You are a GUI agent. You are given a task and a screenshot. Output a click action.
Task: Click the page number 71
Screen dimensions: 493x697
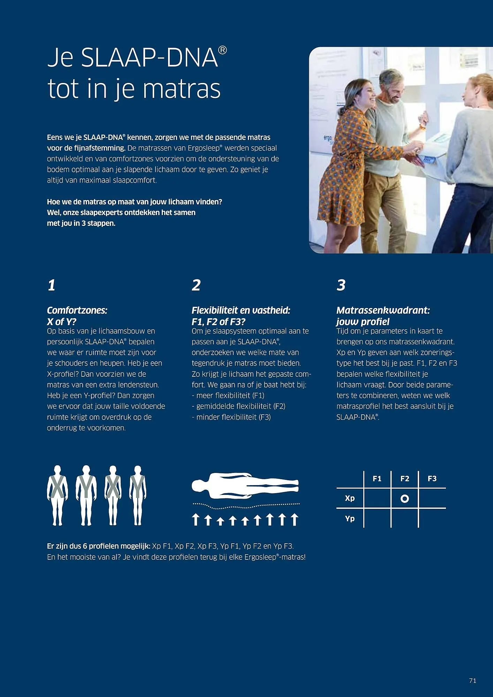(x=472, y=680)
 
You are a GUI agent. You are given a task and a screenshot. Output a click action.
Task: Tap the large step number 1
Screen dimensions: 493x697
(x=52, y=285)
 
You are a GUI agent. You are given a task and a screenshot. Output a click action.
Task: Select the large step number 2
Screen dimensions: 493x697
(x=196, y=285)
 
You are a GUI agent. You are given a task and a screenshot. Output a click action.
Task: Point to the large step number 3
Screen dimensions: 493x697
(x=341, y=285)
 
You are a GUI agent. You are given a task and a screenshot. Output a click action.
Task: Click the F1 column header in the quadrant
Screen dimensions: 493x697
(x=377, y=478)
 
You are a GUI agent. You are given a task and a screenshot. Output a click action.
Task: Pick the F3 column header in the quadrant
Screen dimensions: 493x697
(x=432, y=478)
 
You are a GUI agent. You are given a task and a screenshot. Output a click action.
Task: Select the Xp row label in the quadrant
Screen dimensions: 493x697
(x=350, y=498)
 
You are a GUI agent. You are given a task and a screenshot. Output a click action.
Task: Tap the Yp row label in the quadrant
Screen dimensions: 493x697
(x=350, y=519)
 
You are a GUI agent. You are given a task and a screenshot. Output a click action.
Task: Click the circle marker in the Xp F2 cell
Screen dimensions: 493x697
(x=405, y=499)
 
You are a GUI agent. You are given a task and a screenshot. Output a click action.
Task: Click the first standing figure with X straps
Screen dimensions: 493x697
(x=58, y=495)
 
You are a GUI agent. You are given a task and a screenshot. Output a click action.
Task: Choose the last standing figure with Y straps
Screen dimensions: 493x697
(x=138, y=495)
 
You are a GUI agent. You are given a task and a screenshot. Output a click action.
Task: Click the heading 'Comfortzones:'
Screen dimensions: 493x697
(x=77, y=310)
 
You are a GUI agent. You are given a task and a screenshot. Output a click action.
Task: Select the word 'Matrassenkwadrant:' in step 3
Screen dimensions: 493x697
(x=383, y=310)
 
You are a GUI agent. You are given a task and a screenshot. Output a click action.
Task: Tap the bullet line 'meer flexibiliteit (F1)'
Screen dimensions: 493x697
(x=228, y=396)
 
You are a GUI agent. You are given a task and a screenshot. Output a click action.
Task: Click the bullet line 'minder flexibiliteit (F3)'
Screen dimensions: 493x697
(x=231, y=417)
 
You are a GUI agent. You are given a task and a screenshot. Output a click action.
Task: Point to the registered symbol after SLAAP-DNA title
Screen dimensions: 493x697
(x=222, y=51)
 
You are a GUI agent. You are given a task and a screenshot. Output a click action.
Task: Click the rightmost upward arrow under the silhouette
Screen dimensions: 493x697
(x=295, y=519)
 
